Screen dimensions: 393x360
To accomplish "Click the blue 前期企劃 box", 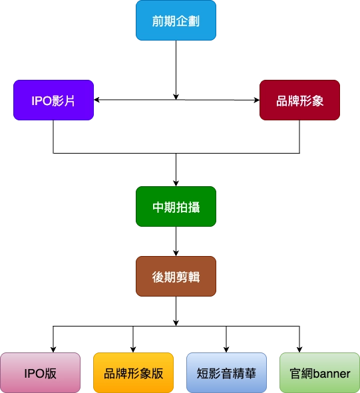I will [x=176, y=21].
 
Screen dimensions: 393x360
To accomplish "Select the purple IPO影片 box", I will [x=53, y=101].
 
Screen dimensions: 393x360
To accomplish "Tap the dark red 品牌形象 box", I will [x=299, y=101].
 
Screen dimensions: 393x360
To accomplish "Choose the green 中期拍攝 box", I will [x=176, y=207].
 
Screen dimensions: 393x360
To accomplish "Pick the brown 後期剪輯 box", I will [x=176, y=276].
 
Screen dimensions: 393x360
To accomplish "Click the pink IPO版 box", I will [x=40, y=373].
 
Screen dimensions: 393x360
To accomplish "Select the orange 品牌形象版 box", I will [x=133, y=373].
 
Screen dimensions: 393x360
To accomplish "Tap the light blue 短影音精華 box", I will [x=226, y=373].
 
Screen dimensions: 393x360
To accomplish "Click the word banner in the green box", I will [x=331, y=373].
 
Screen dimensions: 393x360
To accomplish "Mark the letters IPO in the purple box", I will [x=43, y=101].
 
